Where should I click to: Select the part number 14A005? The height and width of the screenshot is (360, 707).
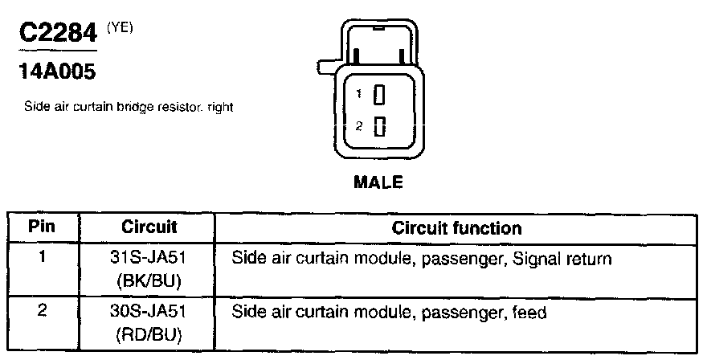(x=56, y=72)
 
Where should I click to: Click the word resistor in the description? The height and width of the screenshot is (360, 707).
(x=184, y=107)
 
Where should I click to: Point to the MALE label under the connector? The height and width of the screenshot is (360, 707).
(x=378, y=182)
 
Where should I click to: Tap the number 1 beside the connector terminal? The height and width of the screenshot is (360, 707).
(x=361, y=94)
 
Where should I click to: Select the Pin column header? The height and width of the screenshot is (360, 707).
(x=42, y=227)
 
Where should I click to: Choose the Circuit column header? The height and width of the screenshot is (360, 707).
(x=149, y=227)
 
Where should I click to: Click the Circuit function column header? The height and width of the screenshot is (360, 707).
(x=456, y=227)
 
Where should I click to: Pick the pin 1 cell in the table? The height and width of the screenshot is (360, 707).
(x=42, y=259)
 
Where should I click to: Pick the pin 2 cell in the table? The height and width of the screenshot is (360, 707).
(x=42, y=312)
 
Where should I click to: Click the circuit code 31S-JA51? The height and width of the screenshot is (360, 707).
(x=149, y=259)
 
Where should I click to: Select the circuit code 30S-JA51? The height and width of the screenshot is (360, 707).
(x=149, y=312)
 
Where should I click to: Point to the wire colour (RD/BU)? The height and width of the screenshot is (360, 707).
(x=149, y=331)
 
